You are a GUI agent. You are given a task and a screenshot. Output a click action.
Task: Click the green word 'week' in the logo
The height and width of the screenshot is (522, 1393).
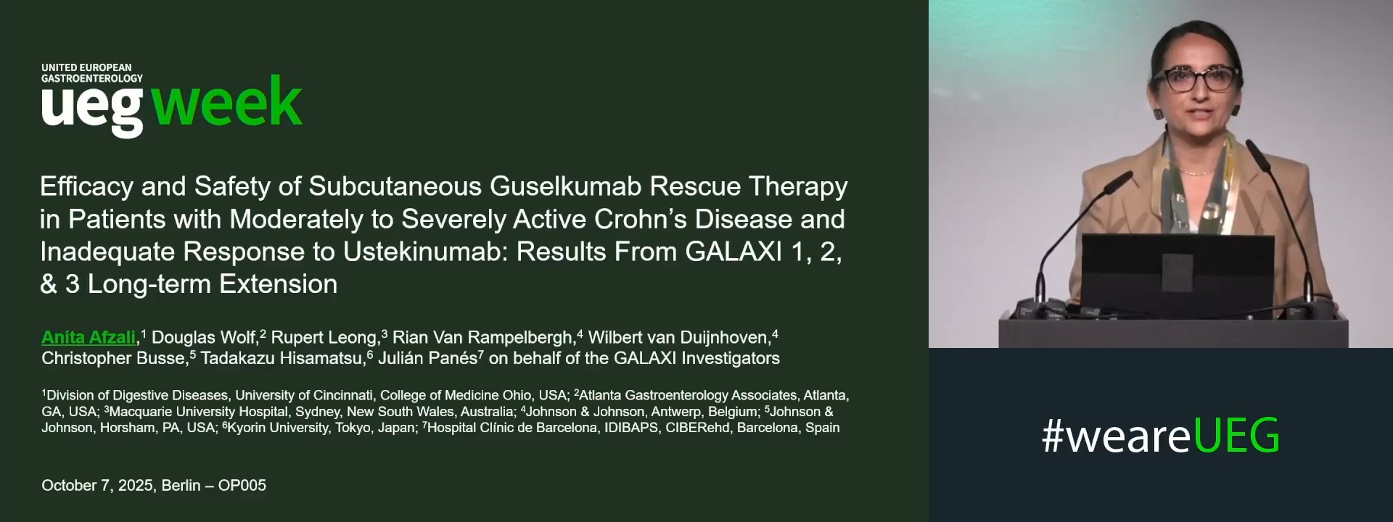click(x=227, y=103)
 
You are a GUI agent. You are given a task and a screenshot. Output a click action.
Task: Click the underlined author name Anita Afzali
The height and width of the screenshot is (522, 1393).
click(x=89, y=337)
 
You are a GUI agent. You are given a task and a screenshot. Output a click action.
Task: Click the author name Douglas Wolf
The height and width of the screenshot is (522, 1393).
click(x=205, y=337)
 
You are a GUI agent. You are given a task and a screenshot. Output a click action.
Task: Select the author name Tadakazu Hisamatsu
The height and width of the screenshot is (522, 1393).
click(x=283, y=358)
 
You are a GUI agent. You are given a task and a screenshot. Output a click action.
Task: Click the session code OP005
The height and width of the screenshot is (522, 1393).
click(x=242, y=486)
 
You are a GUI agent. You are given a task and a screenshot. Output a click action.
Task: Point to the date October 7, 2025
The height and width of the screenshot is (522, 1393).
click(x=97, y=486)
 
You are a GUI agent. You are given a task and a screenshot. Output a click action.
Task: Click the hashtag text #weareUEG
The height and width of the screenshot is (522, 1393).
click(x=1160, y=436)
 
